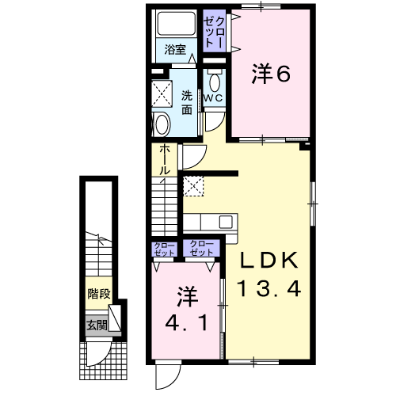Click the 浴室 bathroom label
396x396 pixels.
[175, 49]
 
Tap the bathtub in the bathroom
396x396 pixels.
[177, 23]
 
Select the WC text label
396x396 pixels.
[214, 98]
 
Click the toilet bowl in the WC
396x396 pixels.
[214, 81]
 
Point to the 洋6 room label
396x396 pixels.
[271, 74]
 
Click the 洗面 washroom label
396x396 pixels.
[187, 102]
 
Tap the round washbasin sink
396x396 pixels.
[162, 124]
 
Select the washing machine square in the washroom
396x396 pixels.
[162, 94]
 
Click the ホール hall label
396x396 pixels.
[164, 160]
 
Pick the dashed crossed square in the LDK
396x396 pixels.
[193, 186]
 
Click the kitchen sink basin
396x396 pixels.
[226, 222]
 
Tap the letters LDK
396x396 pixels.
[268, 260]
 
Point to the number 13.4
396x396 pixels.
[269, 288]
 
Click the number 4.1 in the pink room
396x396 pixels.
[186, 323]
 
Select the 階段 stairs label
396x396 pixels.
[99, 294]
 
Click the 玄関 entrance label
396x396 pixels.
[97, 326]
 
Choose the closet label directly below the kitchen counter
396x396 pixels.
[201, 248]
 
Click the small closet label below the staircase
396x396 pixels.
[164, 249]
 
